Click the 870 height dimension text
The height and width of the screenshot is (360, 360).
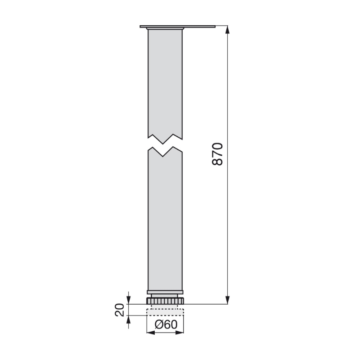pos(217,154)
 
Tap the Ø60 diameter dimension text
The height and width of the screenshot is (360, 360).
pos(166,325)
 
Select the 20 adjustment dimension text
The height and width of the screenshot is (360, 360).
pos(120,310)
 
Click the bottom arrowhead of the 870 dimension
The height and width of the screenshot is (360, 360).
pos(228,300)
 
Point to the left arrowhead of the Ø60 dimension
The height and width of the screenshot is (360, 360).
pos(150,333)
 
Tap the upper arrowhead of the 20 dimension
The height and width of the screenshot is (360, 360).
pos(129,299)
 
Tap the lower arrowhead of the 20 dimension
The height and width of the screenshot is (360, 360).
pos(129,319)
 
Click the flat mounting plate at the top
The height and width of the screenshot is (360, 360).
pos(178,27)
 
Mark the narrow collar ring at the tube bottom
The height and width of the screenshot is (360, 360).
pos(165,292)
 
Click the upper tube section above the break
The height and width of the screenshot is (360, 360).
pos(165,81)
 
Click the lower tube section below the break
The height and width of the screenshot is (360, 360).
pos(165,220)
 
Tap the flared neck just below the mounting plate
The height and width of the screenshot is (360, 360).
pos(165,30)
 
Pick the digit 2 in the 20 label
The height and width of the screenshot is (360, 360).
pos(120,313)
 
